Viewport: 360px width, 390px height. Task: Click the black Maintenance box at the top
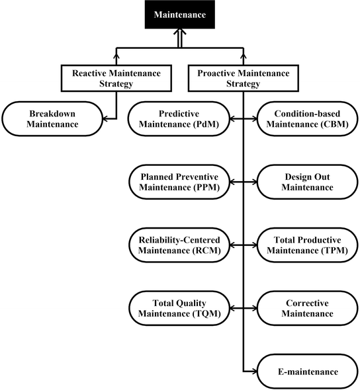[179, 15]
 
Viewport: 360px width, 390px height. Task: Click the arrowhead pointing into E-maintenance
[253, 371]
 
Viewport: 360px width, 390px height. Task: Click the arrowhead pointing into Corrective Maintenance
[253, 307]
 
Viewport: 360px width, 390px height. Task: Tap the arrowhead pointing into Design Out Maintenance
[253, 182]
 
